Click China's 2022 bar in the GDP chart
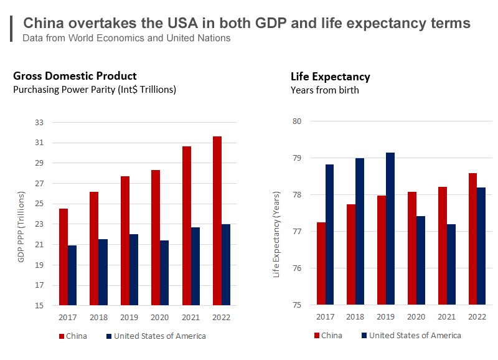(217, 220)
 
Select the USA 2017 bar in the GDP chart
(72, 275)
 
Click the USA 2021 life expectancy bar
(451, 265)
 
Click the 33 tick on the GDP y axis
(39, 123)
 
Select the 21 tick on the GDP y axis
(39, 245)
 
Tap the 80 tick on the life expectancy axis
(296, 121)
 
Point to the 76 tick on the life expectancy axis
(296, 269)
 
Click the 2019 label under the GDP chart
(129, 318)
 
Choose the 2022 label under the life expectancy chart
(477, 318)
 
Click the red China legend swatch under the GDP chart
(62, 336)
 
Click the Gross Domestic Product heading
(75, 76)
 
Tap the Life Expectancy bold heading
(331, 77)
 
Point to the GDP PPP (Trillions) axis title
(21, 227)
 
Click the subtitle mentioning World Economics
(126, 38)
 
